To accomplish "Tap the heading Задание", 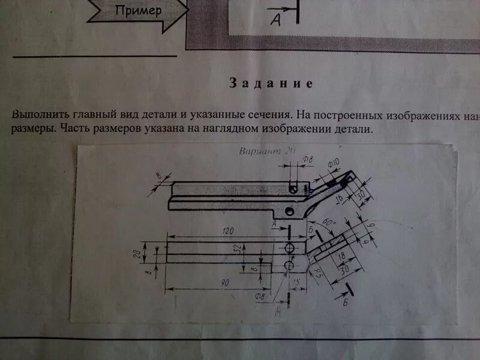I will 271,83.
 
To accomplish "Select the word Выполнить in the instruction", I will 40,113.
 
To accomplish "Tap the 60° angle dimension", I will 329,223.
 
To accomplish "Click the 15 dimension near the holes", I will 295,281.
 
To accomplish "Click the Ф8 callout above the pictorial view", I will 308,160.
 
